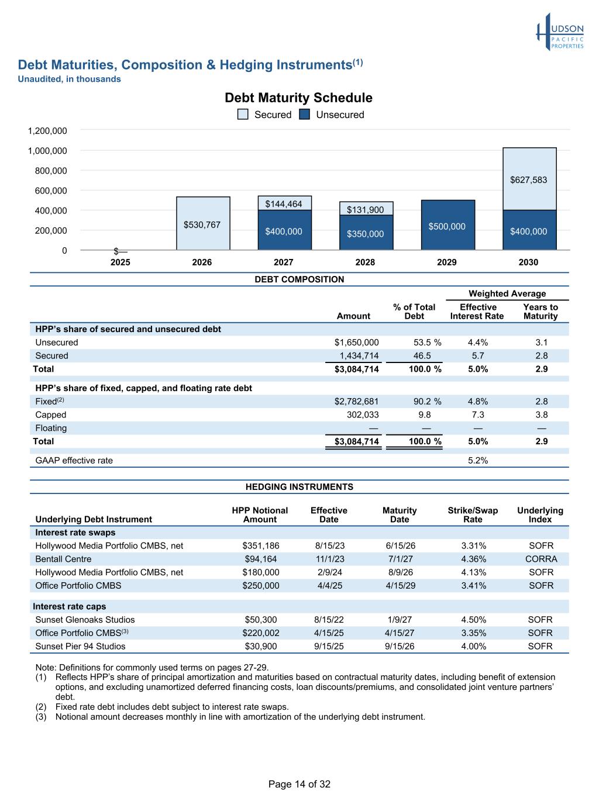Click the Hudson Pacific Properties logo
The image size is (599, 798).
pyautogui.click(x=560, y=32)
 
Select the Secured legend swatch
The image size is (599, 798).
pyautogui.click(x=243, y=115)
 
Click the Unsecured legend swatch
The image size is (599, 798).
pyautogui.click(x=304, y=115)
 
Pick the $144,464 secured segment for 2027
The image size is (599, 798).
pyautogui.click(x=284, y=203)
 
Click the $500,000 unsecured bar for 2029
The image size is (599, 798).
pyautogui.click(x=447, y=226)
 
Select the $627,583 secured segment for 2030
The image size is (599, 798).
pyautogui.click(x=529, y=179)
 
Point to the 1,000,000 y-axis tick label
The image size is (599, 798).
pyautogui.click(x=47, y=151)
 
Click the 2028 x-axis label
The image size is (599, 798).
pyautogui.click(x=365, y=262)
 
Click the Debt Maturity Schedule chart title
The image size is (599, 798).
pyautogui.click(x=298, y=98)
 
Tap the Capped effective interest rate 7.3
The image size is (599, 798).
pyautogui.click(x=477, y=415)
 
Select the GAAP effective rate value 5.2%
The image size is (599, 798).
pyautogui.click(x=477, y=461)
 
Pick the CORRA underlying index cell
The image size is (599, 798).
pyautogui.click(x=541, y=559)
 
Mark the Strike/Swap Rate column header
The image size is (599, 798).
pyautogui.click(x=473, y=515)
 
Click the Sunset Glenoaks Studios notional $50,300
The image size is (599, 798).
pyautogui.click(x=260, y=620)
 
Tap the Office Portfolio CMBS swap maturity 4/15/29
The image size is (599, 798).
pyautogui.click(x=400, y=586)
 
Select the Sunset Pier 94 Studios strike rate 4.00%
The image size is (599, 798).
pyautogui.click(x=473, y=647)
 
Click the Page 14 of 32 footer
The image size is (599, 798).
pyautogui.click(x=299, y=785)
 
